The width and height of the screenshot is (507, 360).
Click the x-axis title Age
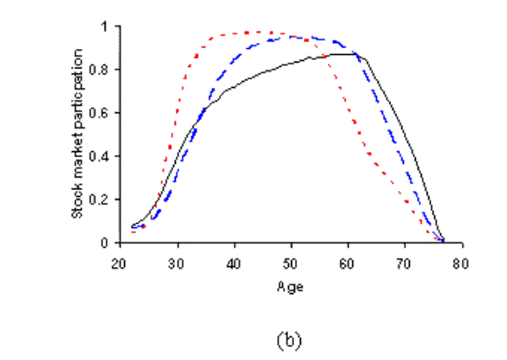pos(290,286)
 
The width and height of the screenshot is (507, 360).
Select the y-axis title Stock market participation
pos(77,134)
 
